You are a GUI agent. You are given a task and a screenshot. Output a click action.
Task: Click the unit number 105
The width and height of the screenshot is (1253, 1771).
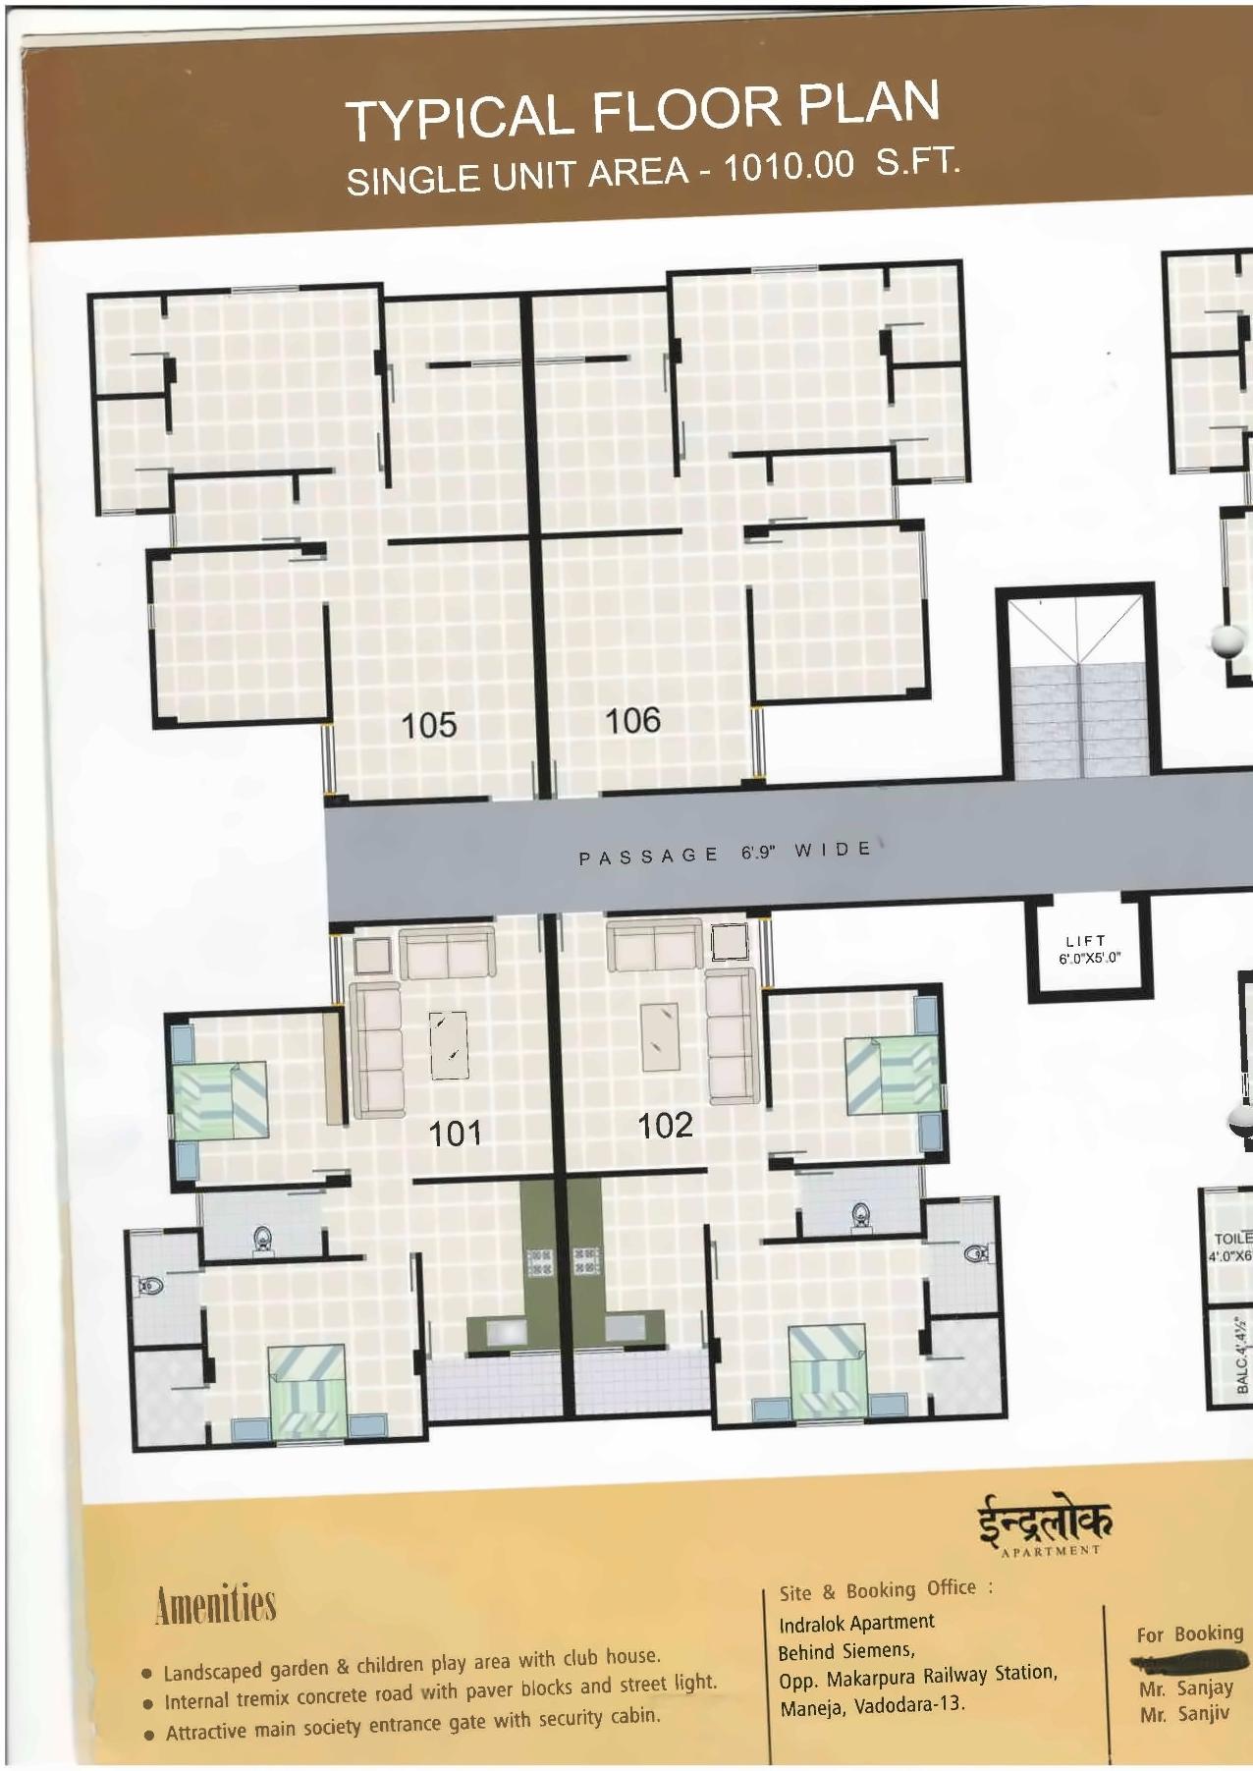tap(430, 725)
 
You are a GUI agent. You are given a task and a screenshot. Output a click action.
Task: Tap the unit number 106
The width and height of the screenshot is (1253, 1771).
tap(632, 721)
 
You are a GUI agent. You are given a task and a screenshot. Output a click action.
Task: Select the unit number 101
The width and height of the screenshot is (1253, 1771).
tap(456, 1134)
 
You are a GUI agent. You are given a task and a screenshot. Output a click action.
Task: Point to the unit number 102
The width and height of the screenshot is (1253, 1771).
tap(665, 1126)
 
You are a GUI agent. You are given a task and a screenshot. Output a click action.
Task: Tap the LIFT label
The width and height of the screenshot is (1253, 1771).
tap(1086, 941)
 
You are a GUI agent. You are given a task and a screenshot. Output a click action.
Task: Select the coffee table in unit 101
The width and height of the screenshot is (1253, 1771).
tap(449, 1046)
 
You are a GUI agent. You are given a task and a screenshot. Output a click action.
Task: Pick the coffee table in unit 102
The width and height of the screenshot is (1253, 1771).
tap(659, 1035)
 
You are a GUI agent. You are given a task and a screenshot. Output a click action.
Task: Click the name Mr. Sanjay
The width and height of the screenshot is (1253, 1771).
tap(1185, 1689)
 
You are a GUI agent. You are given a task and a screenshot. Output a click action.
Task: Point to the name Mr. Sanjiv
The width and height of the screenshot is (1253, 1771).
tap(1184, 1715)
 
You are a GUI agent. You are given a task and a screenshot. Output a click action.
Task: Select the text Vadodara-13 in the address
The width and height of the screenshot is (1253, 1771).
tap(909, 1704)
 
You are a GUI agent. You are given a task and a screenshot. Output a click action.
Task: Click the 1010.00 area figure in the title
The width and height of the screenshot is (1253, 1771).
tap(789, 168)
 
